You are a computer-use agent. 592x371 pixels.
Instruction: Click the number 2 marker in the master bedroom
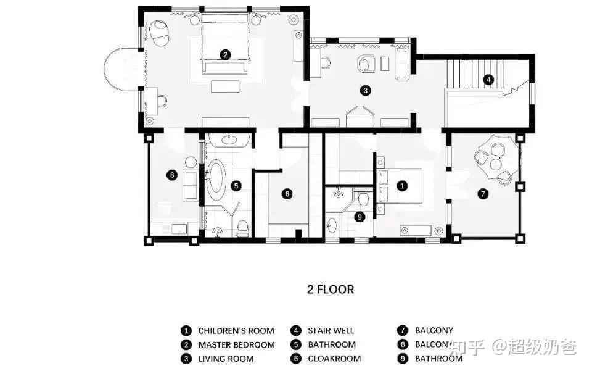pos(225,55)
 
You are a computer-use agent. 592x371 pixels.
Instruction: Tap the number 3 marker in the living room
pos(365,91)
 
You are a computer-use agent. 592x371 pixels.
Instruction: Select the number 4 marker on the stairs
pos(488,80)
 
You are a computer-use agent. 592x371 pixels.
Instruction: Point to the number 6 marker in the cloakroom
pos(287,194)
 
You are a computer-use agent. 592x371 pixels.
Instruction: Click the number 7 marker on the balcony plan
pos(483,194)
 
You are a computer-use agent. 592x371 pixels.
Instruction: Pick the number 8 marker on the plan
pos(172,175)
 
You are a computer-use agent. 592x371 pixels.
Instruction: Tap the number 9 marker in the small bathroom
pos(360,217)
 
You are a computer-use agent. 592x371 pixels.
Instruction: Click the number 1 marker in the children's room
pos(402,185)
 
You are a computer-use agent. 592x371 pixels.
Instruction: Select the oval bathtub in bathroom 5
pos(216,181)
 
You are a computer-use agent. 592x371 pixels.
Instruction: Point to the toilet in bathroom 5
pos(243,228)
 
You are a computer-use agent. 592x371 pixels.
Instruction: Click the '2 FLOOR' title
pos(331,290)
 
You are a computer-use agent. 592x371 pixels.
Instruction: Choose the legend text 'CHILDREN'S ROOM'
pos(236,331)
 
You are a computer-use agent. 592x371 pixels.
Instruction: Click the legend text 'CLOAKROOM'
pos(334,359)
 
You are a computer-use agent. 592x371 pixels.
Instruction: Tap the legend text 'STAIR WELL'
pos(331,331)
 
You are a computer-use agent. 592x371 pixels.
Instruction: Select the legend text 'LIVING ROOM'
pos(226,359)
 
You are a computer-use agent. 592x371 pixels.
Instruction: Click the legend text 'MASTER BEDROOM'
pos(237,345)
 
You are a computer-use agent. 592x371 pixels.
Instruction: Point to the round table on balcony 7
pos(495,164)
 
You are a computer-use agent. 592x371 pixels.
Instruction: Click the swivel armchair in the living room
pos(366,63)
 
